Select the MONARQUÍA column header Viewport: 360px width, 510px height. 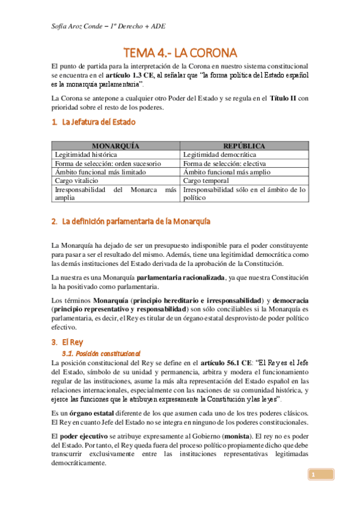tap(116, 146)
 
